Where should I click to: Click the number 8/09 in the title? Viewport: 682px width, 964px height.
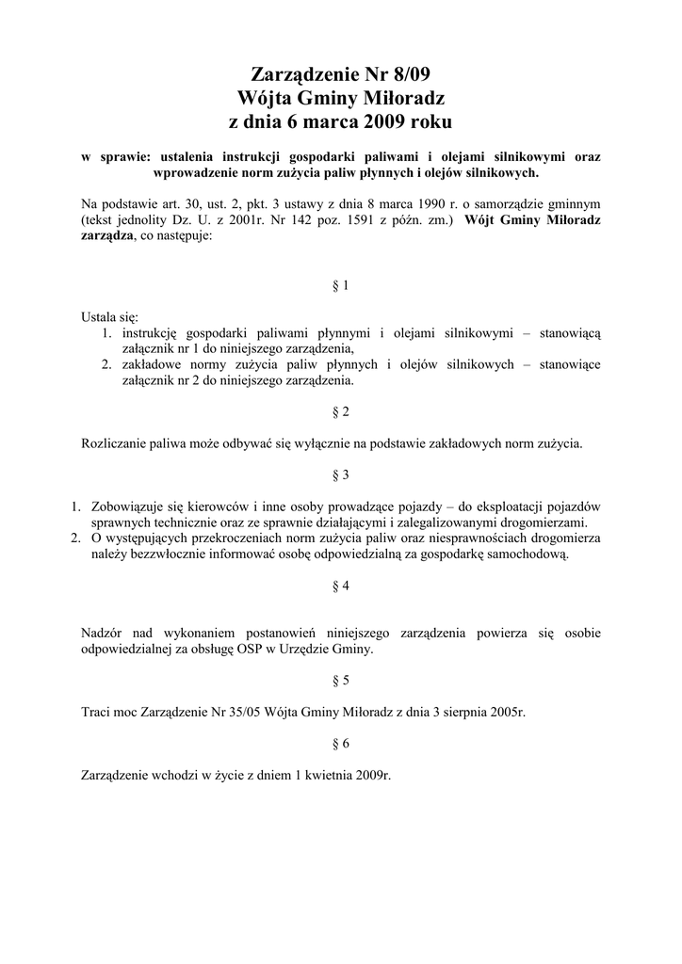point(411,74)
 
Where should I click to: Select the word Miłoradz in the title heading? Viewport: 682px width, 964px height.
point(403,98)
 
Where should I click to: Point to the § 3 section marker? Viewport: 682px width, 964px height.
point(341,474)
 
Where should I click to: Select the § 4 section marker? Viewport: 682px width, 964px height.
point(341,586)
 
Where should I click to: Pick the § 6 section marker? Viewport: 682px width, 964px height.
point(341,743)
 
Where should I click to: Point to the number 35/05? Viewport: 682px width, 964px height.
point(218,712)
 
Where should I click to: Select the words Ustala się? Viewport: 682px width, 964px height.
point(109,317)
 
